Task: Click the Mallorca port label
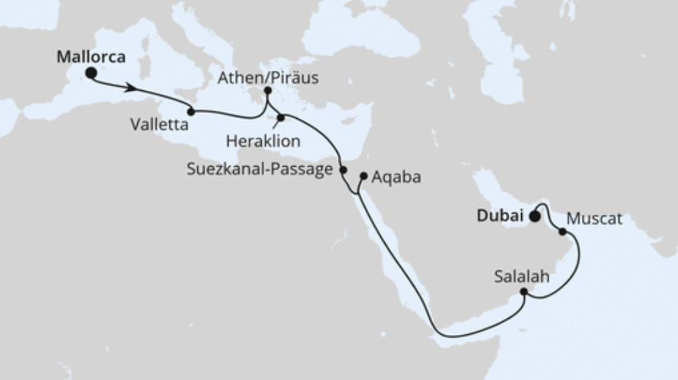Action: (91, 57)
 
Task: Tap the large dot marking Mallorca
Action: (91, 73)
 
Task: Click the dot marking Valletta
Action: (191, 111)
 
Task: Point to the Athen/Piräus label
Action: (268, 78)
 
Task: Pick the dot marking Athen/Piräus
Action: (268, 91)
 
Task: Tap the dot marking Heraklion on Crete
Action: (281, 118)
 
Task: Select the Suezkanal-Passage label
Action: (259, 169)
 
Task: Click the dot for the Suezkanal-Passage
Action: (343, 170)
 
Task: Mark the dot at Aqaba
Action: (364, 175)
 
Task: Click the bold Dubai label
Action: (501, 217)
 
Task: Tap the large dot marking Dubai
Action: (535, 217)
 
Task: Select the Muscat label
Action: (594, 218)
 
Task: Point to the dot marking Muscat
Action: (562, 232)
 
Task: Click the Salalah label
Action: (521, 277)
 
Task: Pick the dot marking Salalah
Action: (524, 292)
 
